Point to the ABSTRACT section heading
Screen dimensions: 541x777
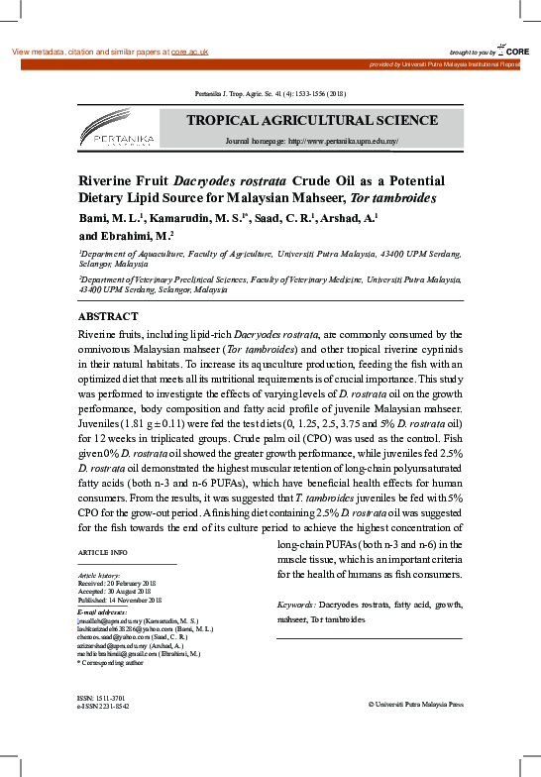click(109, 316)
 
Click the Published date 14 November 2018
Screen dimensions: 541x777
click(120, 600)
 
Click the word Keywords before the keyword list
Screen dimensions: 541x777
click(294, 604)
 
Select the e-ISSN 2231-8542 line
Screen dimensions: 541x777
click(103, 707)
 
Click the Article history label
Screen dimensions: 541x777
click(98, 576)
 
